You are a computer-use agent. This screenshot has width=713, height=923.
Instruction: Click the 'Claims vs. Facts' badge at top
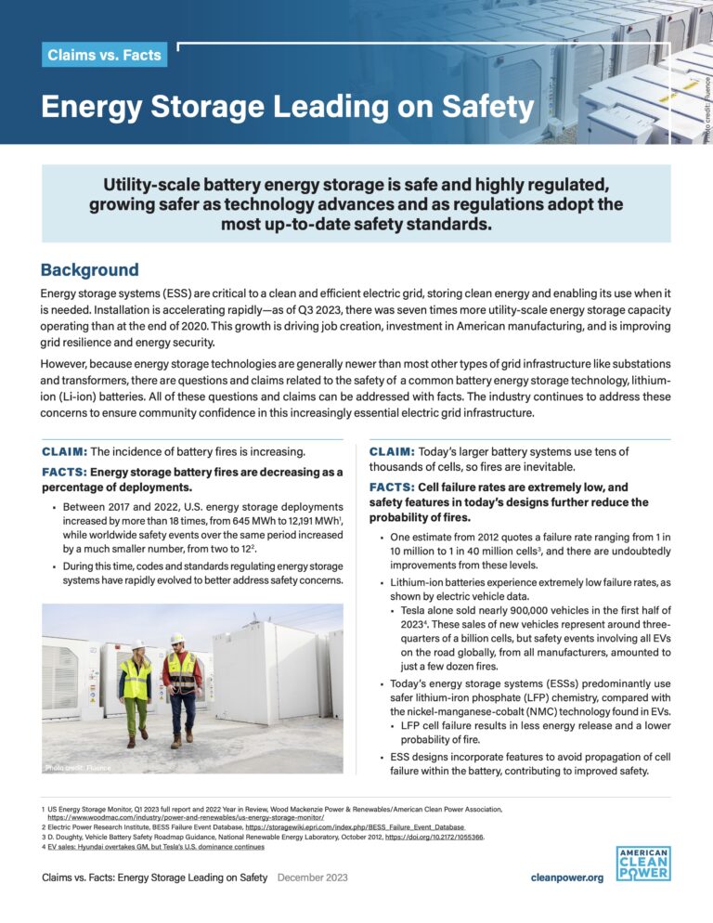[105, 55]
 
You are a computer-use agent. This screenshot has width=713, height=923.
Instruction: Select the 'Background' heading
[89, 270]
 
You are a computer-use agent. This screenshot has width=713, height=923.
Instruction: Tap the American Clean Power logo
[643, 864]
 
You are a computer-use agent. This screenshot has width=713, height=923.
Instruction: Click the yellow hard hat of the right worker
[177, 639]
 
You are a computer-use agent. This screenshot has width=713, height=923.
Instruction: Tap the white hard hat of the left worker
[137, 644]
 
